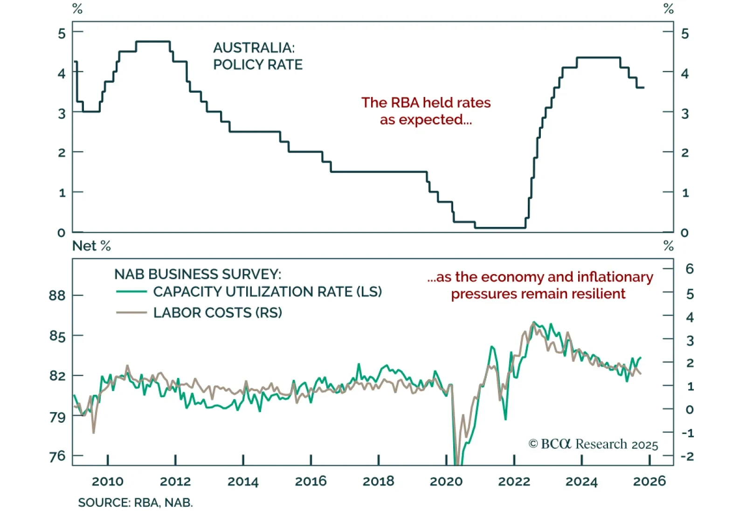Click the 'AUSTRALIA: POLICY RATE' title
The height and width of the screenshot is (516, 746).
257,56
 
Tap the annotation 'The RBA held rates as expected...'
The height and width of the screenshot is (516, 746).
426,111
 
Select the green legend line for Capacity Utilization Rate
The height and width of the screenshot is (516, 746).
131,292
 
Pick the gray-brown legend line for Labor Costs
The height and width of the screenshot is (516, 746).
131,312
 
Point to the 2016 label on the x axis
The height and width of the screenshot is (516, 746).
311,481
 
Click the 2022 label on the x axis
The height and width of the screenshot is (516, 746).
514,481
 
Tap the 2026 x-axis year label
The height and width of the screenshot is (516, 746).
649,481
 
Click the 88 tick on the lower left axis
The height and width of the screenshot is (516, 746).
57,296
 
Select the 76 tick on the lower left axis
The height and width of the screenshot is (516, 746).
57,456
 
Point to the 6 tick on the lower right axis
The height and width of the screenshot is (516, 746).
689,269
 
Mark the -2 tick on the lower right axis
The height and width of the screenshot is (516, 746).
687,456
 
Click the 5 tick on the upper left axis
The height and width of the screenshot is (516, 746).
62,34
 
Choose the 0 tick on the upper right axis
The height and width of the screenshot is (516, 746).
684,233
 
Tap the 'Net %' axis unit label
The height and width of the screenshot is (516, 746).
91,246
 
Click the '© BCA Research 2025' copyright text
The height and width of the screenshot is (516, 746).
593,444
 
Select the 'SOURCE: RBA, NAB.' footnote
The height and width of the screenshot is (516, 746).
135,502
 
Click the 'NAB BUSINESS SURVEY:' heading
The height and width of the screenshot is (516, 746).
198,274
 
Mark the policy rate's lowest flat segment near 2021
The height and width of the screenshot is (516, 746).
500,228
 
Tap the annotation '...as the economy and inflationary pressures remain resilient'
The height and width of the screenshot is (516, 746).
540,285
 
